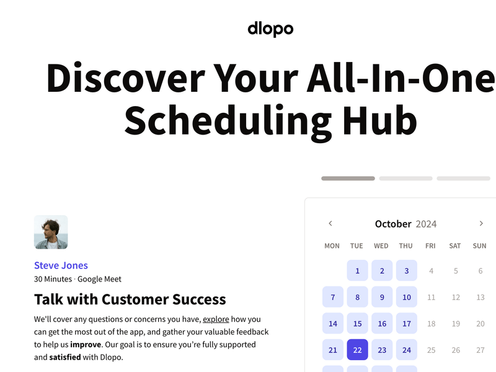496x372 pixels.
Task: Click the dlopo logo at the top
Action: [270, 29]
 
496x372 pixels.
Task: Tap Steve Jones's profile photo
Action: [51, 232]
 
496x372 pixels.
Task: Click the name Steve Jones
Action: [61, 265]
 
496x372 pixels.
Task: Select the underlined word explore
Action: [216, 319]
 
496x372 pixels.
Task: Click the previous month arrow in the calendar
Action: [330, 224]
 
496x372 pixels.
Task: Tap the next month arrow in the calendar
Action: [481, 224]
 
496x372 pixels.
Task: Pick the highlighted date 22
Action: [357, 350]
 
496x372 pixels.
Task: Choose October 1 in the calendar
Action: [357, 271]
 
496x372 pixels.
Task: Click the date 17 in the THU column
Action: [407, 324]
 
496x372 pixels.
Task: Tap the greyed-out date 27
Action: [480, 350]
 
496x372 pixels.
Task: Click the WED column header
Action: [381, 246]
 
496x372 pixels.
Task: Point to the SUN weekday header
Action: [479, 246]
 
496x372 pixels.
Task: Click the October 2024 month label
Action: [405, 224]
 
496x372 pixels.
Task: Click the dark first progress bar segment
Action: [348, 179]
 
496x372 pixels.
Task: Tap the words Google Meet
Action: [99, 279]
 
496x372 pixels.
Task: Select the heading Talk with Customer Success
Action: [130, 299]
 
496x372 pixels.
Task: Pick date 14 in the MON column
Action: [333, 324]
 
